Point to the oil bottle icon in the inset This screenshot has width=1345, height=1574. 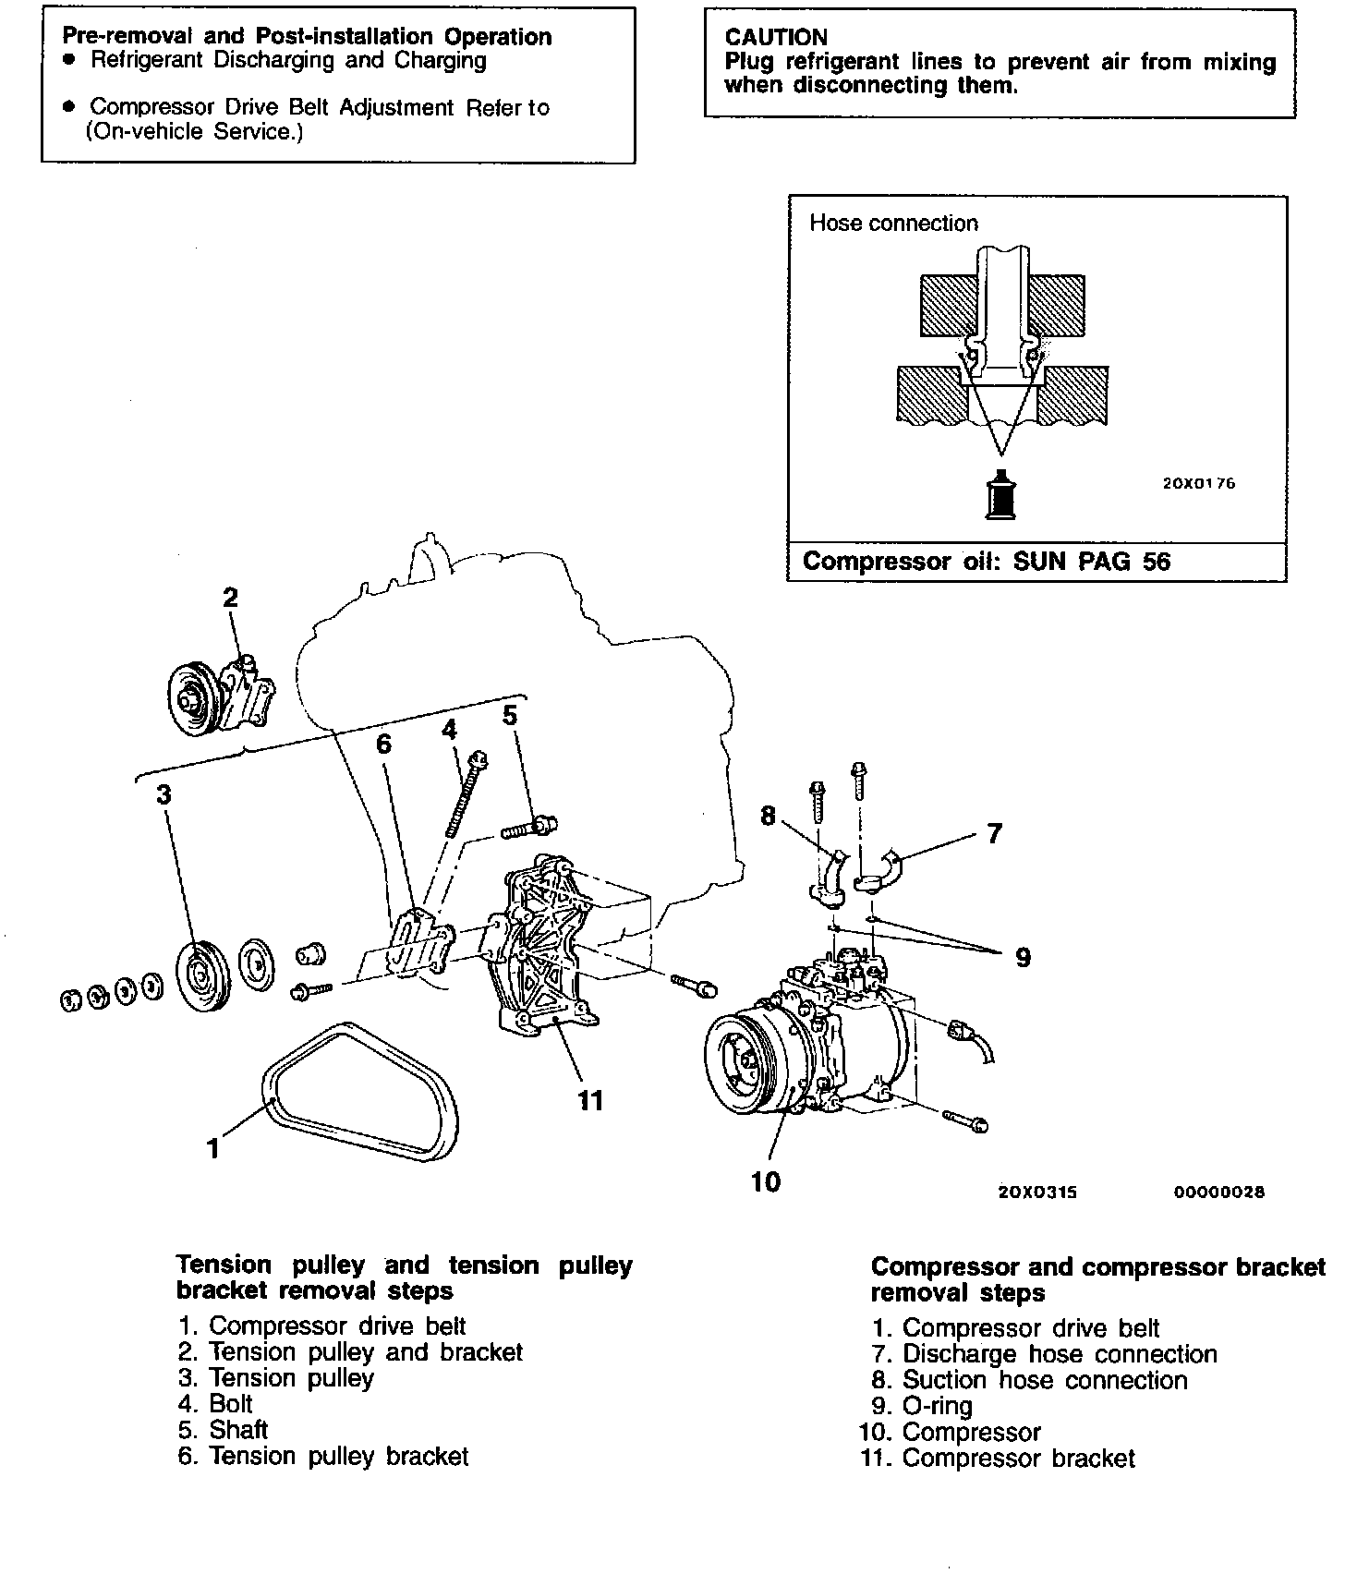click(x=999, y=497)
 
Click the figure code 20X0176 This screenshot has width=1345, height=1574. click(x=1198, y=483)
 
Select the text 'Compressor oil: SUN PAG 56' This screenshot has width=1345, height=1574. click(x=986, y=562)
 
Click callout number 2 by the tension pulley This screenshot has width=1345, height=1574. click(x=231, y=598)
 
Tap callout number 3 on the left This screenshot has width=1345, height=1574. click(x=164, y=794)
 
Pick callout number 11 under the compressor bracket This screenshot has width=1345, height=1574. click(x=589, y=1099)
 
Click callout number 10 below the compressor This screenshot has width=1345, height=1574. click(x=766, y=1180)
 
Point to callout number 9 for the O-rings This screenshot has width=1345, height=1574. click(x=1023, y=957)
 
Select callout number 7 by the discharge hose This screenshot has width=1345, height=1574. click(x=994, y=833)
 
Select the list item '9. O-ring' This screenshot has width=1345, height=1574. click(x=921, y=1406)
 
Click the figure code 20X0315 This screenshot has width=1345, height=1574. click(x=1037, y=1192)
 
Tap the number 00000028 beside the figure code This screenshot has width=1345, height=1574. click(x=1218, y=1192)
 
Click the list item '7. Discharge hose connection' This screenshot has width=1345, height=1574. click(x=1044, y=1354)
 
